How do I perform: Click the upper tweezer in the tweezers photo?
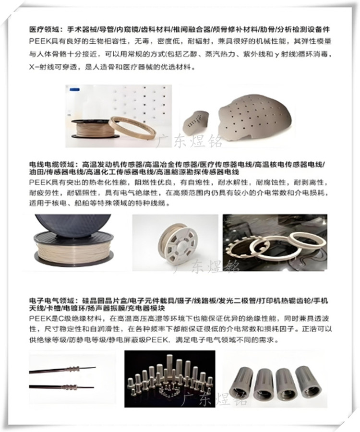tap(62, 370)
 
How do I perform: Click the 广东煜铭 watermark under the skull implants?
tap(190, 141)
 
